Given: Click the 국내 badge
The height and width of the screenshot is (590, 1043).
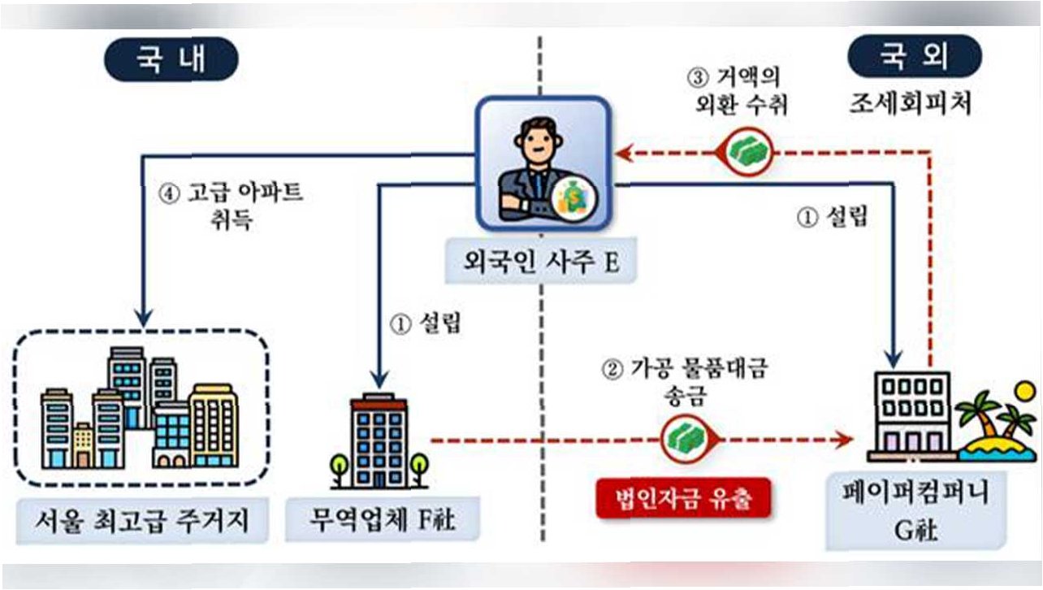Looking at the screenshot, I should point(171,62).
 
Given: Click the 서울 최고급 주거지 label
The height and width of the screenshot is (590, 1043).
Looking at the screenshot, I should point(142,518).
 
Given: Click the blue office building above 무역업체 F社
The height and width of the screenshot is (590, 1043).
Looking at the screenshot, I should point(379,440).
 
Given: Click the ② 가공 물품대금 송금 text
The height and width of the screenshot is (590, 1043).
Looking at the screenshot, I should point(684,382).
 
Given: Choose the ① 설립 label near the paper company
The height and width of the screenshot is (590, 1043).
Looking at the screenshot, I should point(831,218).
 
